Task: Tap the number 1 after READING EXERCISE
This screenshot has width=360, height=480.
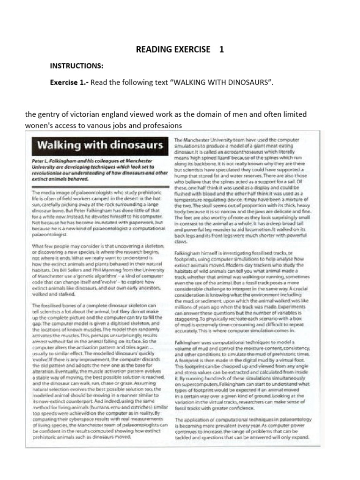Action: [221, 49]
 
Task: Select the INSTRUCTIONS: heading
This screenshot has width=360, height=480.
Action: [76, 66]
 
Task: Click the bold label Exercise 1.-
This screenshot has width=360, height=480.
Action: [69, 82]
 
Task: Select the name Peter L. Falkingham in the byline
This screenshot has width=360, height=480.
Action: [54, 160]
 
